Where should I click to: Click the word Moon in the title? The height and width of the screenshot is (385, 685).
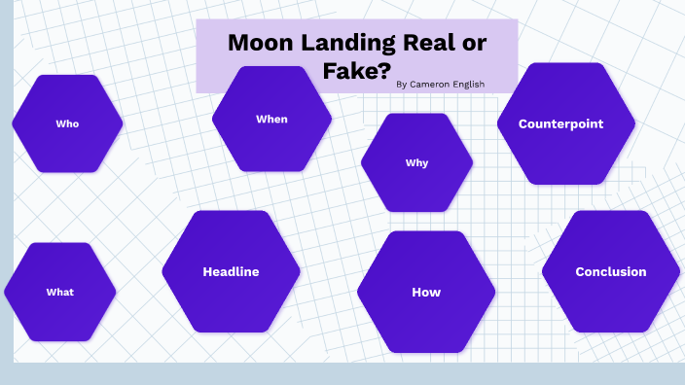click(x=258, y=43)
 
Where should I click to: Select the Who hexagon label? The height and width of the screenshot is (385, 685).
click(x=67, y=123)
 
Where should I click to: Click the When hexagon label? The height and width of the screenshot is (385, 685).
click(x=271, y=119)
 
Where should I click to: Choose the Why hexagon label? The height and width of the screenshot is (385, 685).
click(x=416, y=162)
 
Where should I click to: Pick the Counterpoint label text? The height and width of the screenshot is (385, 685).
click(x=560, y=123)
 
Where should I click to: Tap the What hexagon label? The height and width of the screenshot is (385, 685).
click(x=59, y=292)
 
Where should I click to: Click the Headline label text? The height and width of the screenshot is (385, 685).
click(x=231, y=272)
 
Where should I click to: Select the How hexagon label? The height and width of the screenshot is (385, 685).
click(x=426, y=292)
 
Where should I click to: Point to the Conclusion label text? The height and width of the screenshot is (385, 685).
click(x=610, y=272)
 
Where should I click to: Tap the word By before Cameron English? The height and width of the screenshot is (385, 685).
click(x=402, y=85)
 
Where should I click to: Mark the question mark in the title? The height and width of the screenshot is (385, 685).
click(x=385, y=70)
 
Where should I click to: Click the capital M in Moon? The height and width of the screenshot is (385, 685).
click(x=237, y=43)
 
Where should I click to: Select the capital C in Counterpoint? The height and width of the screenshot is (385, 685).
click(x=523, y=123)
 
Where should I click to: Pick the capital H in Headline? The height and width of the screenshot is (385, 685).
click(x=207, y=272)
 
